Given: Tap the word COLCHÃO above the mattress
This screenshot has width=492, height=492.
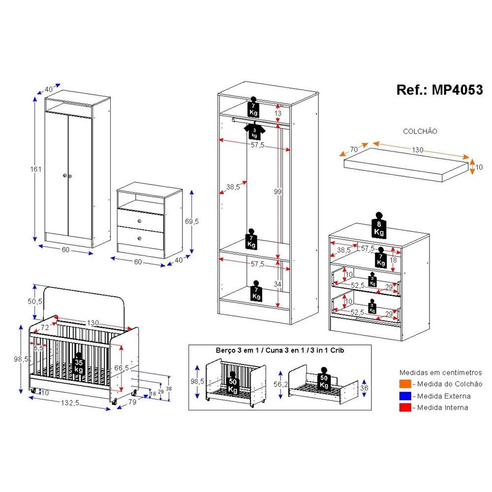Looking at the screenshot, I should click(420, 131).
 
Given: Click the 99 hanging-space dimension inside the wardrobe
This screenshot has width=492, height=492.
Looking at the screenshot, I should click(278, 192).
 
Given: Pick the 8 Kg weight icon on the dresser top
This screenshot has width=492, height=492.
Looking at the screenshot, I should click(379, 226).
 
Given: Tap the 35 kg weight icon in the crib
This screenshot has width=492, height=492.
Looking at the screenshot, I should click(79, 365).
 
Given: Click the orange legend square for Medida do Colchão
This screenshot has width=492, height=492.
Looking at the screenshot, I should click(405, 384).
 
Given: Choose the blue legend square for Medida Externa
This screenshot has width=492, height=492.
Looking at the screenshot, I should click(405, 396).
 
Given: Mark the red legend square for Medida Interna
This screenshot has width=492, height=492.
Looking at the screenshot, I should click(405, 407).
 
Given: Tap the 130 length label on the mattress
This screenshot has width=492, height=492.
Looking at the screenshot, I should click(417, 150).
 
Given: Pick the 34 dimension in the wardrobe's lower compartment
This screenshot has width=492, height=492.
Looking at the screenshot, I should click(278, 284).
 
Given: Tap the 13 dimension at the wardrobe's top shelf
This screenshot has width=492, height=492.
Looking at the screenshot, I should click(278, 113).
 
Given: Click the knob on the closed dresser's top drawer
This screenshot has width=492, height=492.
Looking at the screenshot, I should click(140, 220).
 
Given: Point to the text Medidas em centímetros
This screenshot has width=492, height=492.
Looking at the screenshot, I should click(441, 372).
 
